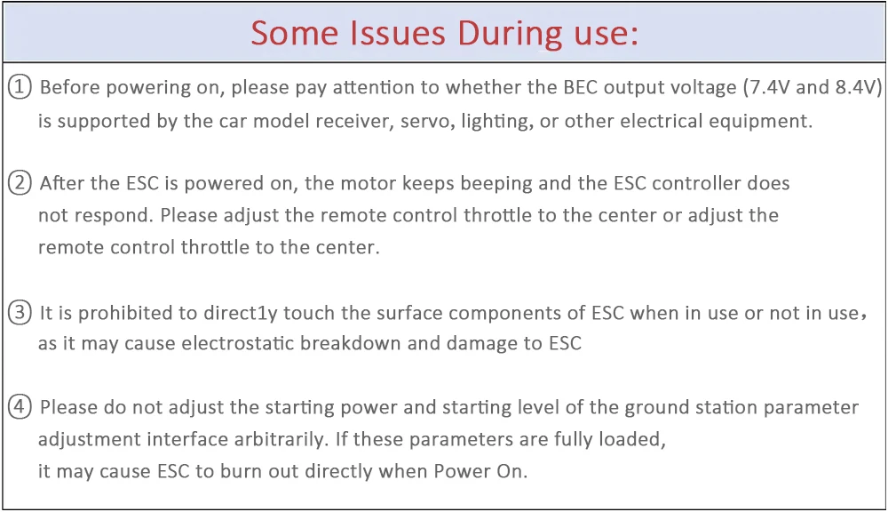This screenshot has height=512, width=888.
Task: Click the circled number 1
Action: click(x=20, y=87)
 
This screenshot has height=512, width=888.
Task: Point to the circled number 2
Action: click(x=20, y=183)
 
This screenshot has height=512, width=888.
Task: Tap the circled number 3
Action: click(x=20, y=312)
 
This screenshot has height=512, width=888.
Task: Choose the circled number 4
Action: click(x=20, y=407)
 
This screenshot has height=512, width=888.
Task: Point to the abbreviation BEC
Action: click(x=582, y=88)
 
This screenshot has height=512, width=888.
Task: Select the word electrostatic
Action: click(x=238, y=343)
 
